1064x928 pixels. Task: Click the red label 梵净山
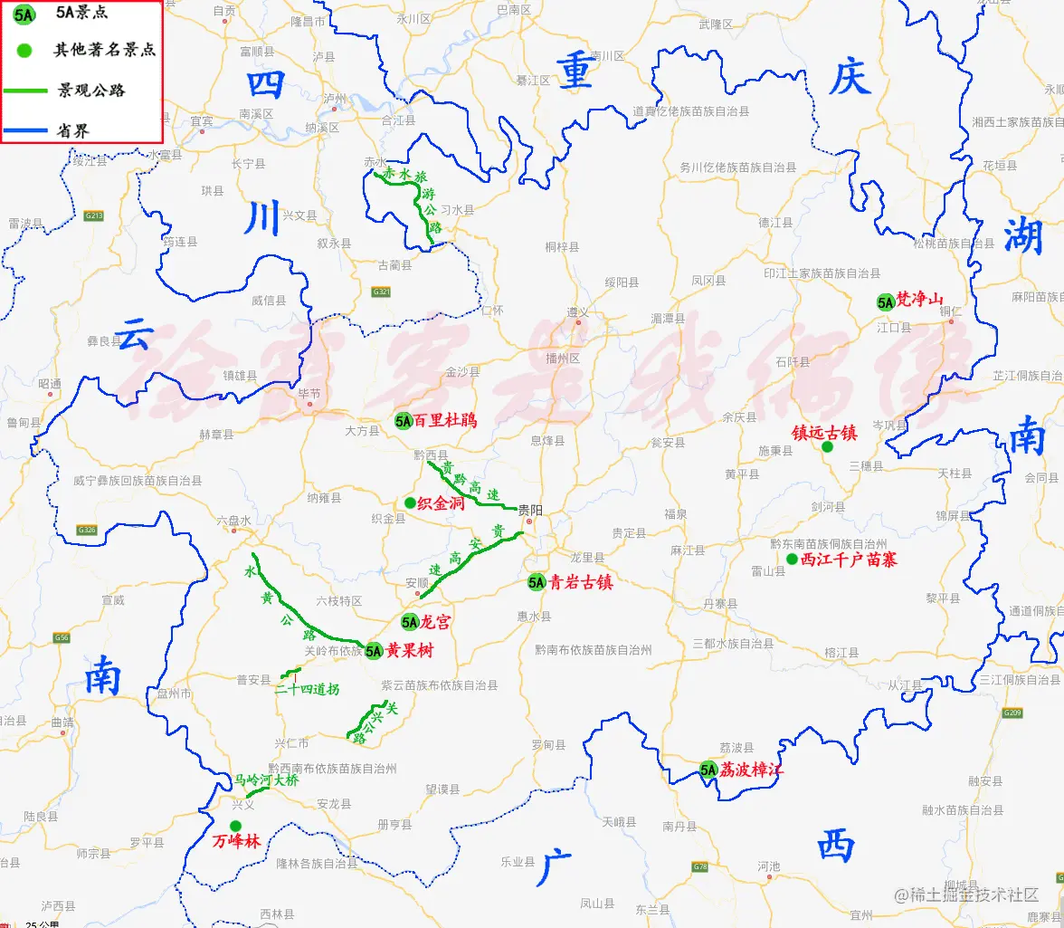[x=919, y=301]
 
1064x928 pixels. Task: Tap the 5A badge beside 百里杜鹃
[x=404, y=420]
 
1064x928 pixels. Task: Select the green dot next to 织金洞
[x=410, y=502]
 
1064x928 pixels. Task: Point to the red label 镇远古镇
[x=823, y=432]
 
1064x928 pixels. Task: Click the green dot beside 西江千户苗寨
[x=792, y=560]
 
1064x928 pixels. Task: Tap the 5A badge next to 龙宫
[x=410, y=622]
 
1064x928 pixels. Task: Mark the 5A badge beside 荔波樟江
[x=708, y=770]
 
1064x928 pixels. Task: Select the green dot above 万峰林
[x=235, y=825]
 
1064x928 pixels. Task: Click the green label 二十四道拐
[x=307, y=689]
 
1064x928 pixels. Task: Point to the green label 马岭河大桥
[x=266, y=780]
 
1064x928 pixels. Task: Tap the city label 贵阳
[x=529, y=510]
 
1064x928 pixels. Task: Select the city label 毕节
[x=309, y=394]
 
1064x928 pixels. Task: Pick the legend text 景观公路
[x=91, y=90]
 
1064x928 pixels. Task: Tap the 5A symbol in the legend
[x=24, y=14]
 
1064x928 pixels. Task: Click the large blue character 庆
[x=851, y=79]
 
